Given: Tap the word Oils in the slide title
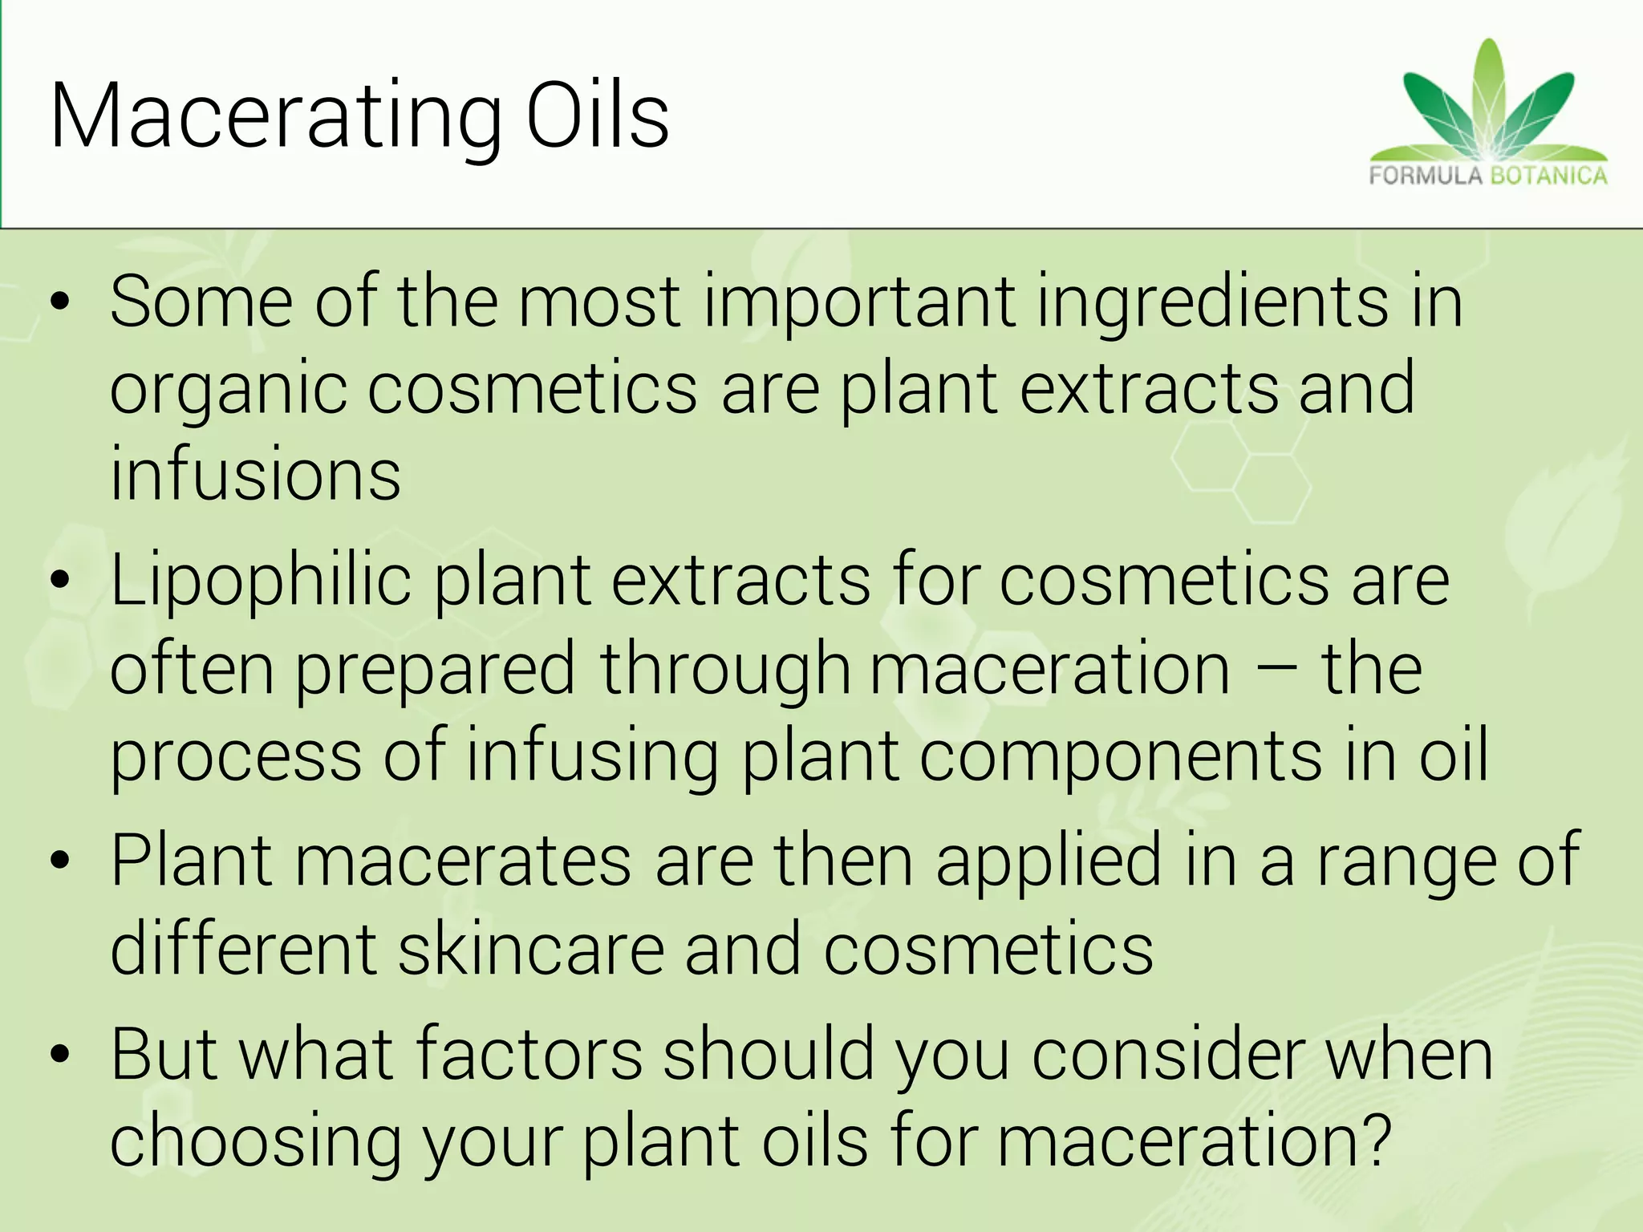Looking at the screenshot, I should pyautogui.click(x=598, y=116).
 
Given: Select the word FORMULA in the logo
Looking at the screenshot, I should pyautogui.click(x=1425, y=176).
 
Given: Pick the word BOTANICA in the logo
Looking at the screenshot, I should pyautogui.click(x=1549, y=176).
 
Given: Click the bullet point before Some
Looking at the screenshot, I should pyautogui.click(x=60, y=304).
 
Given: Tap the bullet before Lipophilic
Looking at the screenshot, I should pyautogui.click(x=60, y=582).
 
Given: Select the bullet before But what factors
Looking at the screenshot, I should pyautogui.click(x=60, y=1055).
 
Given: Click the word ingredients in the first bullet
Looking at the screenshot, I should pyautogui.click(x=1212, y=304).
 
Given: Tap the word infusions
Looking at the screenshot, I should pyautogui.click(x=255, y=475).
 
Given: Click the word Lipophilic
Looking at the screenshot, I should pyautogui.click(x=261, y=582).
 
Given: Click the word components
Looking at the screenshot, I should pyautogui.click(x=1120, y=756).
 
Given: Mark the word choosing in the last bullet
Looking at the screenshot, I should pyautogui.click(x=255, y=1144).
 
